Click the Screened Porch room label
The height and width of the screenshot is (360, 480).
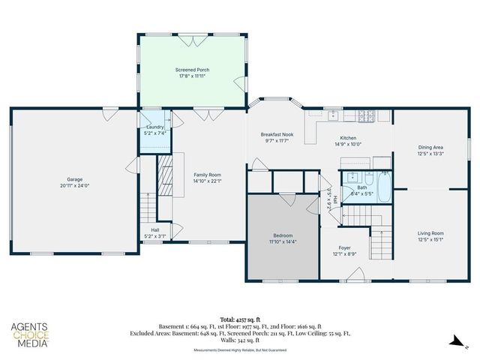click(x=192, y=70)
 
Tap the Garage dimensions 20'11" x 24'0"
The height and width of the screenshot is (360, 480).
click(x=75, y=185)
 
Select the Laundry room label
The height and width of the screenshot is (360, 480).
click(x=155, y=127)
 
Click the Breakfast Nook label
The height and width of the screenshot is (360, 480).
click(x=277, y=134)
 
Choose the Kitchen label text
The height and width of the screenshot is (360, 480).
click(x=348, y=138)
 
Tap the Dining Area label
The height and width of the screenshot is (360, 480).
click(x=430, y=147)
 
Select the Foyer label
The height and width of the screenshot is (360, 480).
click(x=344, y=247)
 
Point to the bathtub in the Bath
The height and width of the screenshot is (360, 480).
click(x=383, y=187)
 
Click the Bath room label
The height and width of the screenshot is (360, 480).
click(x=361, y=187)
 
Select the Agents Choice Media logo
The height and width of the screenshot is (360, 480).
click(x=30, y=334)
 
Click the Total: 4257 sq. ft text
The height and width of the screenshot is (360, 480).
click(x=239, y=320)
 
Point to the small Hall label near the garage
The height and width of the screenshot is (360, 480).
click(x=155, y=230)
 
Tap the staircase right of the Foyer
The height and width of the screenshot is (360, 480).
click(x=381, y=244)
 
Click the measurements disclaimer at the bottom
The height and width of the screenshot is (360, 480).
click(x=239, y=349)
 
